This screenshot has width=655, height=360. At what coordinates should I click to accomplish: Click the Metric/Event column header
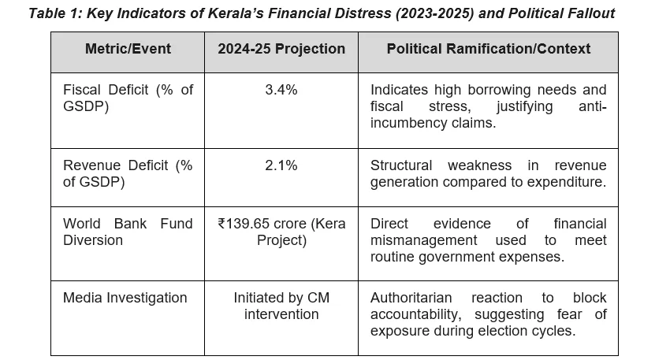128,49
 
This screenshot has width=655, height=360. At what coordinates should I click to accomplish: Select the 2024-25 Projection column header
281,49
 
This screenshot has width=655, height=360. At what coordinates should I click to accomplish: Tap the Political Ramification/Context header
488,49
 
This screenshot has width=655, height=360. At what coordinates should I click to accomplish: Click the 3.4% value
281,90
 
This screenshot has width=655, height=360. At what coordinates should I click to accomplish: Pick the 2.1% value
281,165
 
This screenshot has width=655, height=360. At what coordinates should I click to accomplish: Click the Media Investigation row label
125,298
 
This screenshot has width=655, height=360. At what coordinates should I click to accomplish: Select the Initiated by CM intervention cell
281,306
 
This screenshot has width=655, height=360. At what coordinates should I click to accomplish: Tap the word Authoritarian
411,298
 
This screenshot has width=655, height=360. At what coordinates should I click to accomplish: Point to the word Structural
401,165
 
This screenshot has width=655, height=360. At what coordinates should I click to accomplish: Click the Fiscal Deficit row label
128,98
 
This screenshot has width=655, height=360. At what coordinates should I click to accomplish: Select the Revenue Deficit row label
128,173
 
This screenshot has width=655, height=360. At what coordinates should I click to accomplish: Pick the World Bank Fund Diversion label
128,232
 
